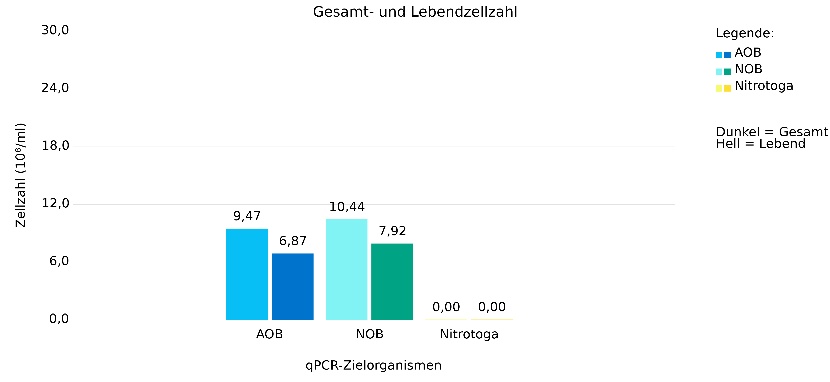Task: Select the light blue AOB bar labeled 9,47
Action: [247, 274]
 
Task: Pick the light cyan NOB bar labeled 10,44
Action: [346, 269]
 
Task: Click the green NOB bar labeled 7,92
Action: [392, 282]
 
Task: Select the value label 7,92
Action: [392, 231]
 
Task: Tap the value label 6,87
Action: [293, 241]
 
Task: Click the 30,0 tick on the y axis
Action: [55, 30]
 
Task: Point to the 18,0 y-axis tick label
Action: [55, 146]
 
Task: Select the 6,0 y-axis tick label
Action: [59, 261]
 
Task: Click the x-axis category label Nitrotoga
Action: [469, 334]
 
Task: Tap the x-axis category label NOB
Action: [370, 334]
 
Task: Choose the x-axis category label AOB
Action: [269, 334]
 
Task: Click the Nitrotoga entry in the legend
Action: [764, 86]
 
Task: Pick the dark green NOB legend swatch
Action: [727, 72]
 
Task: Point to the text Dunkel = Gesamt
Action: [772, 132]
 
